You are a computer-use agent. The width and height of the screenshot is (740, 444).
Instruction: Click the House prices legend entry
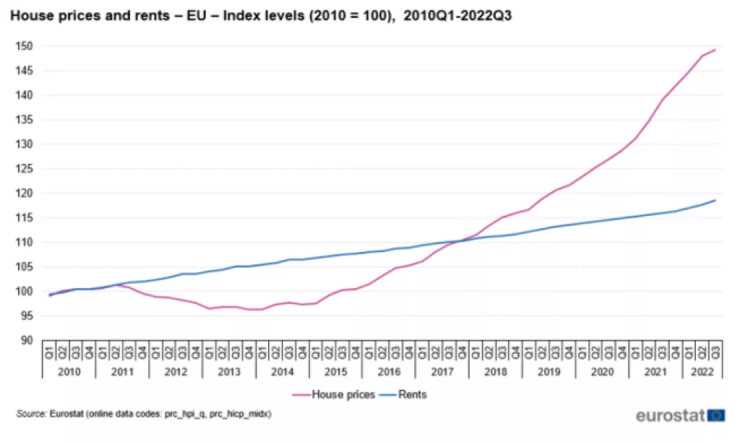pos(342,394)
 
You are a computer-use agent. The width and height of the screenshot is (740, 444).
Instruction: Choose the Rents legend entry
pos(413,394)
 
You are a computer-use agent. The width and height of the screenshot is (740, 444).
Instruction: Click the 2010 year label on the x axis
pos(69,370)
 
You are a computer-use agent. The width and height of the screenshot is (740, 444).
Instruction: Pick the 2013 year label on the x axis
pos(229,370)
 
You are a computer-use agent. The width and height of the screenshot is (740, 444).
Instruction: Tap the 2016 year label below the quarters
pos(389,370)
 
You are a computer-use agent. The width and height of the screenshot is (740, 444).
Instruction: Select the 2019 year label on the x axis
pos(548,370)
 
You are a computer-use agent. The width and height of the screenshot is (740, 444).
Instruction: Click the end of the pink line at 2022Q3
pos(715,50)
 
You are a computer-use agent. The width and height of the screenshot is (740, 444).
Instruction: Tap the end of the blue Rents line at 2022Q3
pos(715,200)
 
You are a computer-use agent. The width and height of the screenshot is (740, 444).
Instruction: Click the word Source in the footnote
pos(31,414)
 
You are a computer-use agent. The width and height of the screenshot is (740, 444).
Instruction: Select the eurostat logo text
pos(669,416)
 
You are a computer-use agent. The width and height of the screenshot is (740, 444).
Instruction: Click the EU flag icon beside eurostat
pos(715,415)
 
